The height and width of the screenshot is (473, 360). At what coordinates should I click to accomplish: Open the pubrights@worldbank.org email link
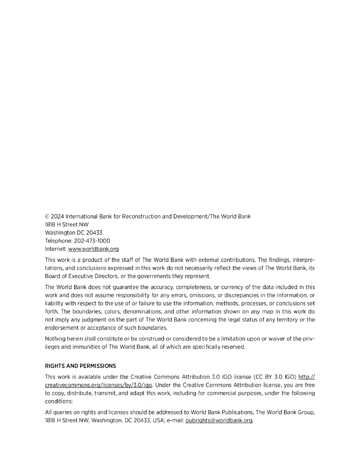point(219,421)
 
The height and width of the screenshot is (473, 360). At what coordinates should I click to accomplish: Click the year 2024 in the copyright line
point(57,216)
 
